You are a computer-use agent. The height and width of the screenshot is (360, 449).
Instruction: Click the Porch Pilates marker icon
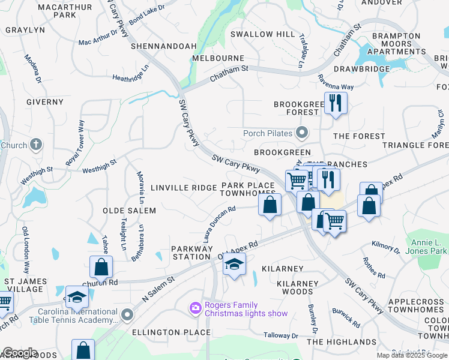(301, 133)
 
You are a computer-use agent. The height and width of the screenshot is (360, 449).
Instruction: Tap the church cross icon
(36, 145)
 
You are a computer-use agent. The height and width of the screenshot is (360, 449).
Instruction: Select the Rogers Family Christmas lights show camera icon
(196, 308)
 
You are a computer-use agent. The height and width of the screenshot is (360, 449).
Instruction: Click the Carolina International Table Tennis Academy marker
(127, 314)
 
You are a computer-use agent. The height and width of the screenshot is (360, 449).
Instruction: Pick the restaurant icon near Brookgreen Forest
(335, 103)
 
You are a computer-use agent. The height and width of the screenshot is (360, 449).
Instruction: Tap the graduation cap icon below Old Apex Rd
(234, 264)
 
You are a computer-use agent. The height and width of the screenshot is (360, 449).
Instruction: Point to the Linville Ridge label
(183, 188)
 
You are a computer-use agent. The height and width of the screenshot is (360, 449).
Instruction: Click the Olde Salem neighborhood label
(129, 211)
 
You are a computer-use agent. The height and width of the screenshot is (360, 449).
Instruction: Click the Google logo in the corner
(20, 353)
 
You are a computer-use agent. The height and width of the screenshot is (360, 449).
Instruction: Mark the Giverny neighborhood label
(44, 102)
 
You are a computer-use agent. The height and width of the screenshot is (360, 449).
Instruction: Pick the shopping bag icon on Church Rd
(101, 268)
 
